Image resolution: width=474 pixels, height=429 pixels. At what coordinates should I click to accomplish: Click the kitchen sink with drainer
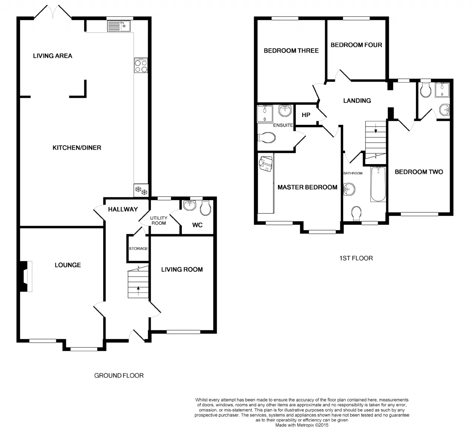tap(119, 26)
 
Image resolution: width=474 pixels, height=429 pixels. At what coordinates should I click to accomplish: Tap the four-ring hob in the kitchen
tap(141, 65)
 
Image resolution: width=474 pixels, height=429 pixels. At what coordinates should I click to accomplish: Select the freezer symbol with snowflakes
tap(141, 190)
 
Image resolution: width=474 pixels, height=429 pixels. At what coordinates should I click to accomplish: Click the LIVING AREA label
tap(53, 56)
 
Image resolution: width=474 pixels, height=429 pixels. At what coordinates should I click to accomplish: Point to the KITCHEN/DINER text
tap(77, 148)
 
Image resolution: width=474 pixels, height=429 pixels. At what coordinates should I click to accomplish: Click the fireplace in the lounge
tap(26, 276)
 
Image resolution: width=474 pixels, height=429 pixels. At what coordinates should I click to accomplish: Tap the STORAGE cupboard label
tap(138, 249)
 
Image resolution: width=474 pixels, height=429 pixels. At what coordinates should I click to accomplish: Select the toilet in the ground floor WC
tap(205, 208)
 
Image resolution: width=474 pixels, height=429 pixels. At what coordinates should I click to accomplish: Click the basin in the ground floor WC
tap(190, 205)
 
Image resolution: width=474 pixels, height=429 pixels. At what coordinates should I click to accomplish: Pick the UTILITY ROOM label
tap(159, 220)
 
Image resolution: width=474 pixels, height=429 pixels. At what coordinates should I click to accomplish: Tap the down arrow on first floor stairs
tap(376, 129)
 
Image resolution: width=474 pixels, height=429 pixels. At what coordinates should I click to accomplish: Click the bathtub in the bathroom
tap(378, 184)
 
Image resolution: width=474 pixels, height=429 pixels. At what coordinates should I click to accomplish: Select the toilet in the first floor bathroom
tap(356, 213)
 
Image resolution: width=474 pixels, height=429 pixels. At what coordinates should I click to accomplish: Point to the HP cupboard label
tap(306, 115)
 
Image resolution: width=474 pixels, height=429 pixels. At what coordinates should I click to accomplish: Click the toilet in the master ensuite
tap(267, 137)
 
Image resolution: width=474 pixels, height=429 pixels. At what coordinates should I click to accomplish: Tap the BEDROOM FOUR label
tap(356, 45)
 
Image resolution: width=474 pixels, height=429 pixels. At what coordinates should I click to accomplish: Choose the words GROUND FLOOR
tap(119, 376)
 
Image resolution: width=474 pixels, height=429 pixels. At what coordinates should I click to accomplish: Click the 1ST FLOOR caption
tap(356, 258)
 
